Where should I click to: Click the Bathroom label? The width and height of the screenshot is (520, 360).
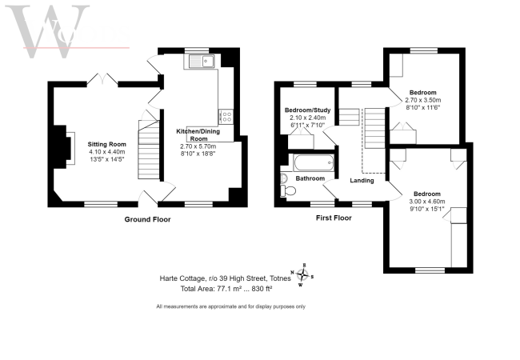click(x=310, y=178)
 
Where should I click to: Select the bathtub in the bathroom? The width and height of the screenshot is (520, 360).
click(x=309, y=162)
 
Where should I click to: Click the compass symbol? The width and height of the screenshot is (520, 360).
click(x=303, y=274)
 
